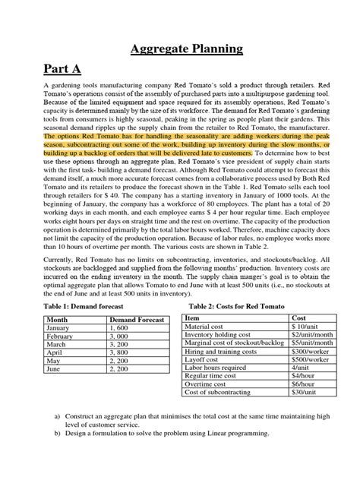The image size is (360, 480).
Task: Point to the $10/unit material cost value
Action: point(304,327)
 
